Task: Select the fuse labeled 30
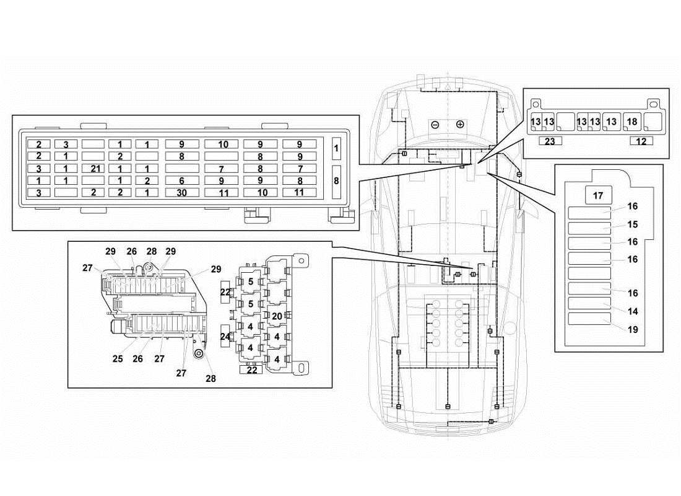(x=181, y=193)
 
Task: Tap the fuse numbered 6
(x=181, y=181)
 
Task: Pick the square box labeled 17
(x=598, y=196)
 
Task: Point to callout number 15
(x=632, y=224)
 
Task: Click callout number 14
(x=632, y=312)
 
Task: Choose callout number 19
(x=632, y=330)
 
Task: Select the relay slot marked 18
(x=632, y=122)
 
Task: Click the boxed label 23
(x=549, y=141)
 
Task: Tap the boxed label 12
(x=641, y=141)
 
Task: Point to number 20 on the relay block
(x=276, y=316)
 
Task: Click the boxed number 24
(x=225, y=337)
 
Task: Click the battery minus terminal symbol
(x=435, y=124)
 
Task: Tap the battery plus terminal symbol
(x=459, y=124)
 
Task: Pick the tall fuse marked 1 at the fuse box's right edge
(x=336, y=149)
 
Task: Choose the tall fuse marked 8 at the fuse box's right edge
(x=336, y=182)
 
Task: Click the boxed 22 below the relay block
(x=252, y=370)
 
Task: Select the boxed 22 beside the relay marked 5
(x=225, y=292)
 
